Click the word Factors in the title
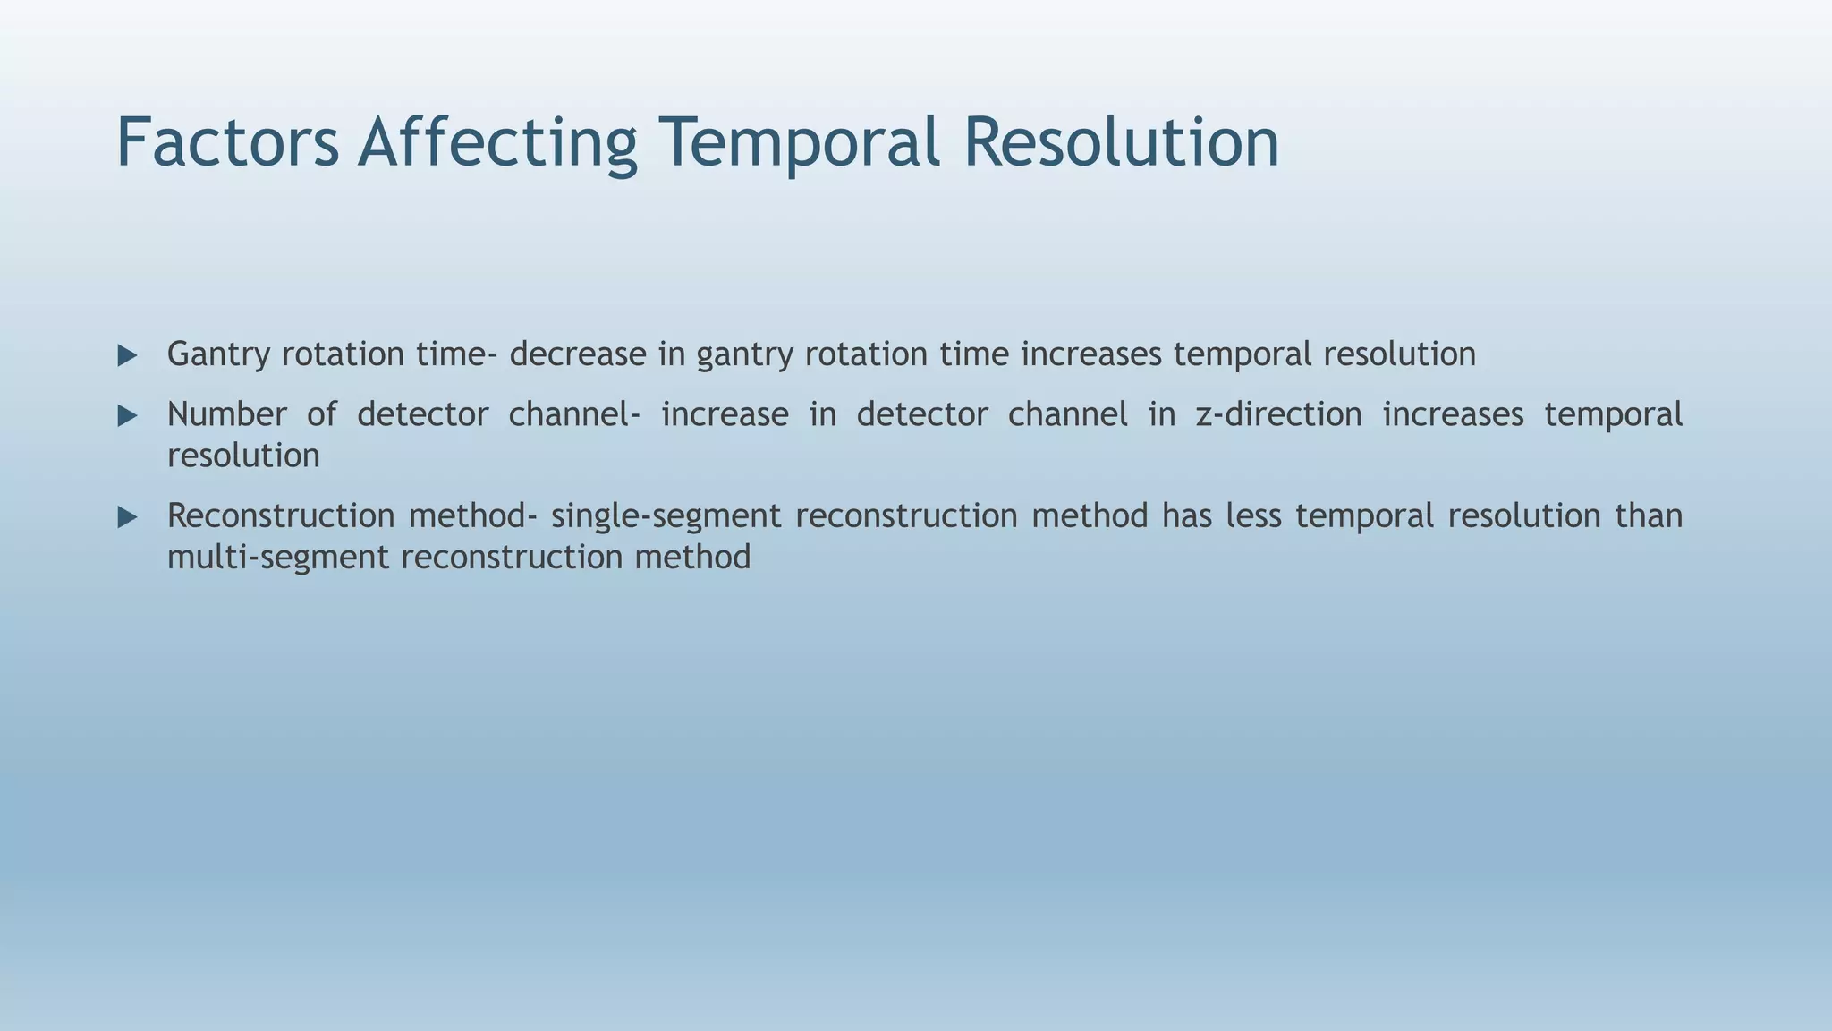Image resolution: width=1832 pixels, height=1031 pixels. tap(227, 143)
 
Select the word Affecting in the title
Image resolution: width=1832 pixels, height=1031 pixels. tap(497, 143)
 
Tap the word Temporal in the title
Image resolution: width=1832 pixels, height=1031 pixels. tap(800, 143)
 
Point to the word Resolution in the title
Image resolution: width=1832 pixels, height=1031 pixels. tap(1121, 143)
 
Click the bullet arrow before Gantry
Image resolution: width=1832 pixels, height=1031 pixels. tap(127, 356)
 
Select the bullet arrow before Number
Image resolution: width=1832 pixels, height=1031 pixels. tap(127, 416)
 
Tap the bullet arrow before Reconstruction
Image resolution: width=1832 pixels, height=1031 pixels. tap(127, 517)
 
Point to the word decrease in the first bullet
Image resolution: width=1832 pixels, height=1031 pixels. tap(577, 354)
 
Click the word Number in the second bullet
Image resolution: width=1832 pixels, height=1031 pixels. tap(226, 414)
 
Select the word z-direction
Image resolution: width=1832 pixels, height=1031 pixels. tap(1278, 414)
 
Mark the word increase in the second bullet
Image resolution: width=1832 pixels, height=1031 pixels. tap(725, 414)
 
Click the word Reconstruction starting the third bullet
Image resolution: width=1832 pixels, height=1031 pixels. tap(280, 516)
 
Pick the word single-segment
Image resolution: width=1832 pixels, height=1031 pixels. tap(666, 516)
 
